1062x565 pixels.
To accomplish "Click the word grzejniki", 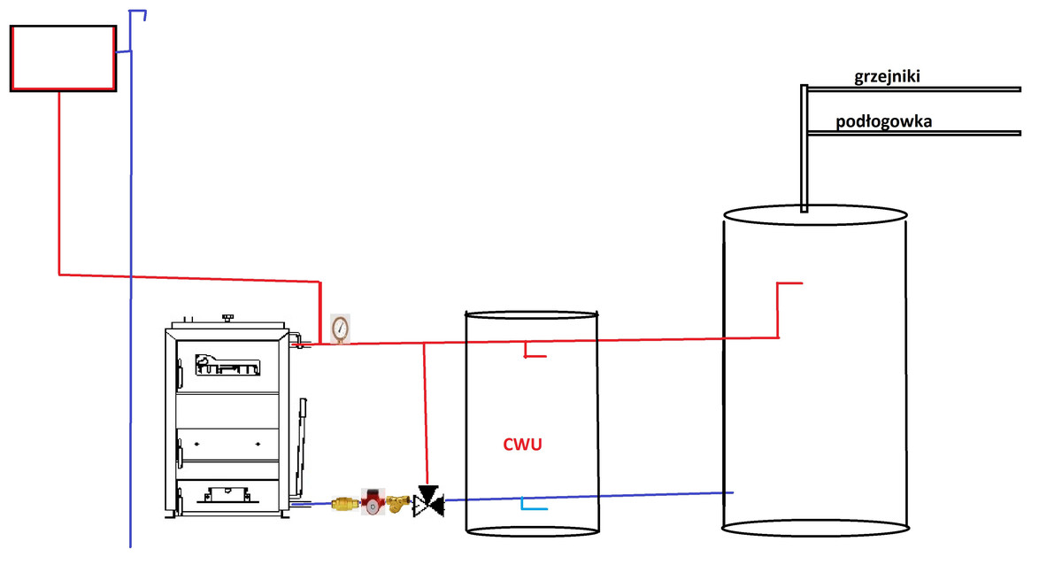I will coord(888,77).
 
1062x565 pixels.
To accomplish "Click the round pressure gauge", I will coord(340,328).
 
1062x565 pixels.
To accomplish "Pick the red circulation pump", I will coord(373,503).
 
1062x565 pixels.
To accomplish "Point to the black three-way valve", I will coord(428,501).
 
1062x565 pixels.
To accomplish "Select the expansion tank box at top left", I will coord(63,58).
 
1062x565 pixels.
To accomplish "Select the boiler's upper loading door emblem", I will coord(226,363).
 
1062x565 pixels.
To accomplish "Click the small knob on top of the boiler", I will coord(228,316).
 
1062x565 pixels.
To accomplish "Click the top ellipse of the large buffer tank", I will coord(815,215).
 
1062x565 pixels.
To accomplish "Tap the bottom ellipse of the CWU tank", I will coord(532,529).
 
